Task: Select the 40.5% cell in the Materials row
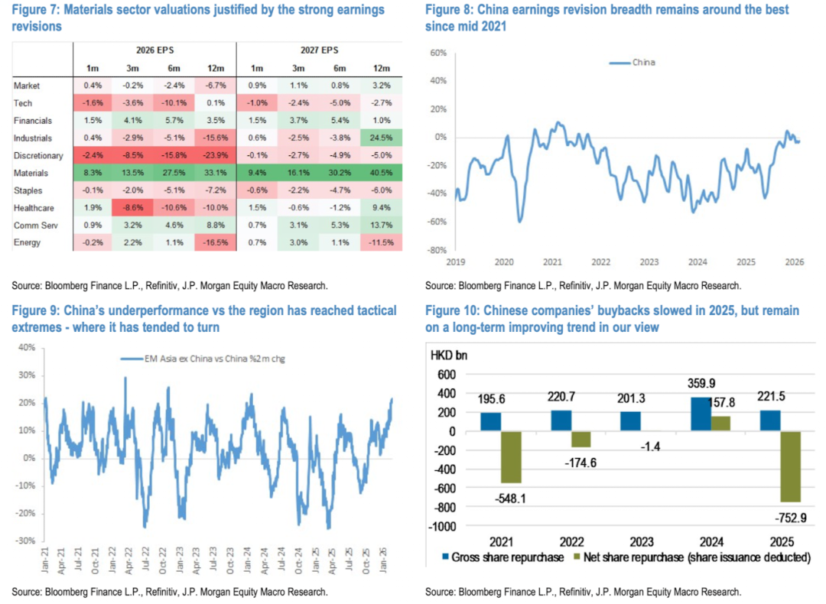pyautogui.click(x=380, y=174)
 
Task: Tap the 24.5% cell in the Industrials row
pyautogui.click(x=380, y=138)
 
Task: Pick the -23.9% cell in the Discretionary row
pyautogui.click(x=215, y=156)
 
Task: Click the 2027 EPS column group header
pyautogui.click(x=319, y=50)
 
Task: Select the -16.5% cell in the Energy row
pyautogui.click(x=215, y=244)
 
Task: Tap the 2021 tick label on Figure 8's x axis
pyautogui.click(x=552, y=261)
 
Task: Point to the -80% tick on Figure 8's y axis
pyautogui.click(x=436, y=250)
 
